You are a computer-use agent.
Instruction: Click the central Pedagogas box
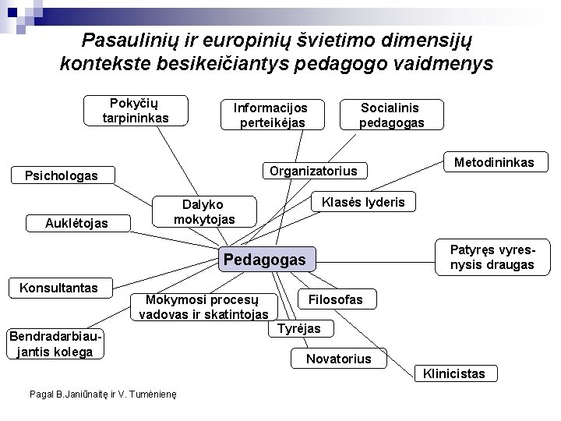(265, 259)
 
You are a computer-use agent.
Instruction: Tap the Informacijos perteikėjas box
(272, 115)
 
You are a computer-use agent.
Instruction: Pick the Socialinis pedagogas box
(391, 115)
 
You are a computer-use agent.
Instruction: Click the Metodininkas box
(494, 162)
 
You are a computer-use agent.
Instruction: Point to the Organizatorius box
(312, 171)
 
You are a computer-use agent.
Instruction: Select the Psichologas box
(62, 175)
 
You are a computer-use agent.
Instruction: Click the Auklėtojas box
(76, 224)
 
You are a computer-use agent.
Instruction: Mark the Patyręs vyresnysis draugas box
(492, 256)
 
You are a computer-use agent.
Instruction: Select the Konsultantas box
(58, 288)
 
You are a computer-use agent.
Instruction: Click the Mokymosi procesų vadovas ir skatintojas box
(203, 306)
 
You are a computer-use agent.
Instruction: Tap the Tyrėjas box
(299, 329)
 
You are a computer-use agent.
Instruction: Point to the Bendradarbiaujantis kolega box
(55, 344)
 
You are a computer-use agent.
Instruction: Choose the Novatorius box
(338, 359)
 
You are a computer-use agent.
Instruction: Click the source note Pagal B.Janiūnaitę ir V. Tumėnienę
(102, 394)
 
